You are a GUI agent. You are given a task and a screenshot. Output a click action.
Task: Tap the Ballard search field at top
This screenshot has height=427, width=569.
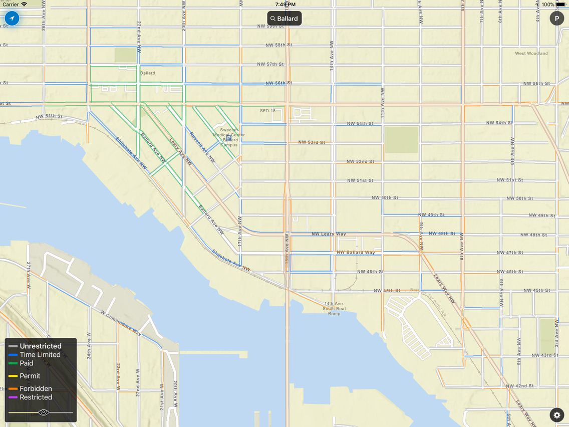point(284,19)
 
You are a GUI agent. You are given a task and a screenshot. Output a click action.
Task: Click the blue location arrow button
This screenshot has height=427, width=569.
point(12,19)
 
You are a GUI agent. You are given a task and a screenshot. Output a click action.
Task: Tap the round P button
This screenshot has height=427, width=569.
point(556,19)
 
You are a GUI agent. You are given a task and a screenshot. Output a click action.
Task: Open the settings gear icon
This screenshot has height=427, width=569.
point(556,415)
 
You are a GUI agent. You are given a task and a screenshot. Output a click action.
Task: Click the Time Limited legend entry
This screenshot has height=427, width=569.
point(40,355)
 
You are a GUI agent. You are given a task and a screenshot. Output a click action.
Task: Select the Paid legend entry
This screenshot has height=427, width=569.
point(27,363)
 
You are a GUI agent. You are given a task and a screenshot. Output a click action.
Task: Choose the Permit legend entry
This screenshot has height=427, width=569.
point(30,376)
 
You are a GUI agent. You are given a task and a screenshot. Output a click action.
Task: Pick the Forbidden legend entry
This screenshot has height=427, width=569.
point(36,388)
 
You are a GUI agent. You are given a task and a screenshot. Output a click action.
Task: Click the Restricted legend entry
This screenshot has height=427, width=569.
point(36,397)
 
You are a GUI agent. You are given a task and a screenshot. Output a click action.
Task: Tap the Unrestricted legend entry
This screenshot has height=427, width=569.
point(41,346)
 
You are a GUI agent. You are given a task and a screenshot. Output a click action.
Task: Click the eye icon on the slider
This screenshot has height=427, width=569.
point(44,412)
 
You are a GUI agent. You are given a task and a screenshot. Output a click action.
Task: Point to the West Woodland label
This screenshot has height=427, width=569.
point(531,53)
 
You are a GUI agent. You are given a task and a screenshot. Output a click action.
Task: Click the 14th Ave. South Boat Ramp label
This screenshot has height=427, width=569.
point(334,308)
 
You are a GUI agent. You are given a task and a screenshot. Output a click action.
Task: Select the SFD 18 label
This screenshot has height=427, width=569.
point(267,111)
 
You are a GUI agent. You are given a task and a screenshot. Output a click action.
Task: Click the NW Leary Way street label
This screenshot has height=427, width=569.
point(329,234)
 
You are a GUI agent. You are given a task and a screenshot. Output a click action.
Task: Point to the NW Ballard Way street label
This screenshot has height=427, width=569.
point(356,253)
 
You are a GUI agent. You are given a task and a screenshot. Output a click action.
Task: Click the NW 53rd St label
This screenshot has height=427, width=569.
point(312,142)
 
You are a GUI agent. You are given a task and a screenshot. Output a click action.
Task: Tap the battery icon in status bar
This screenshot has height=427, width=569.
point(560,5)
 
